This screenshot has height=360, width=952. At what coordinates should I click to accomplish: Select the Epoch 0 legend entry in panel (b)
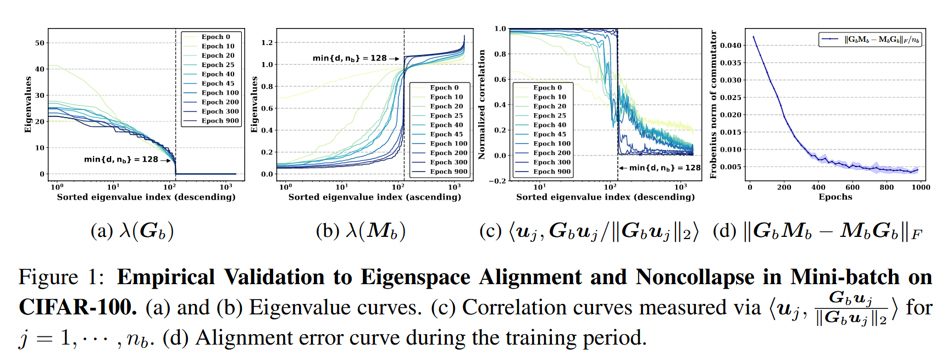(x=444, y=87)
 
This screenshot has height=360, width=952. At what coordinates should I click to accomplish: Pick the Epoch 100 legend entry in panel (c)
(x=552, y=143)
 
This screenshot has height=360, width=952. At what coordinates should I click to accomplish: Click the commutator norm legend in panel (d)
(x=870, y=40)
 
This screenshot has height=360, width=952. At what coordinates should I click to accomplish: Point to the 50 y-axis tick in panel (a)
(x=40, y=43)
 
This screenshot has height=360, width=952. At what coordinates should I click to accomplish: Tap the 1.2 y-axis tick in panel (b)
(x=267, y=42)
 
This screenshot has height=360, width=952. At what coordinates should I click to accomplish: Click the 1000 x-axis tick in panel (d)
(x=921, y=187)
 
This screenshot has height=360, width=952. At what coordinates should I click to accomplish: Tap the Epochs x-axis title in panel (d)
(x=835, y=197)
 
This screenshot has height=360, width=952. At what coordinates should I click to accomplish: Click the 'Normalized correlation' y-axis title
(x=482, y=104)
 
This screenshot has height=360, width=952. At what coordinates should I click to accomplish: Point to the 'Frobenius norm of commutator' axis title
(x=713, y=104)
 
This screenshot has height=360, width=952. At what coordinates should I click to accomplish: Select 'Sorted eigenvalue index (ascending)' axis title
(x=374, y=197)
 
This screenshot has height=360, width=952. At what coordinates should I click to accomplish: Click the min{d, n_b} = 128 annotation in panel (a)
(x=121, y=159)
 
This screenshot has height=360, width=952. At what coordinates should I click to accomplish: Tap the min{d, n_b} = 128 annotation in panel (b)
(x=350, y=58)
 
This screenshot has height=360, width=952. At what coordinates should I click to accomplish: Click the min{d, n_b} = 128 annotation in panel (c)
(x=665, y=168)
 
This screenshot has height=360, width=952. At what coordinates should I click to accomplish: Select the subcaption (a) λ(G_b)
(x=132, y=231)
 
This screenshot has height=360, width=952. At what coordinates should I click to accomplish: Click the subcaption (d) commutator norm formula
(x=817, y=231)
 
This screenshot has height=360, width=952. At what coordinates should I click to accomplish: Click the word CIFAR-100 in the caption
(x=78, y=307)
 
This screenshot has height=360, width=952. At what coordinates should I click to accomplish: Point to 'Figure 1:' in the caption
(x=61, y=277)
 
